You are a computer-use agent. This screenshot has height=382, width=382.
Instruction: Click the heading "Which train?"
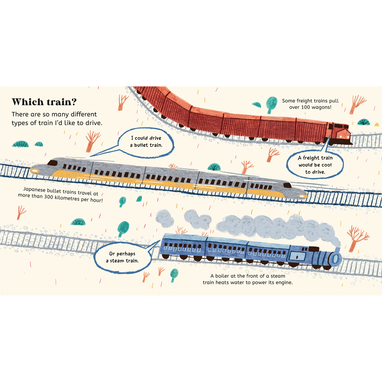pyautogui.click(x=44, y=102)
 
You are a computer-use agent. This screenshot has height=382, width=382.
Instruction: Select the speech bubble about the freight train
pyautogui.click(x=315, y=165)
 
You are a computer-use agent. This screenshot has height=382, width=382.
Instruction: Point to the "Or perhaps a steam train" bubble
pyautogui.click(x=123, y=257)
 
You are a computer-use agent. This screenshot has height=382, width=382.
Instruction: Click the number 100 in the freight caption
pyautogui.click(x=306, y=107)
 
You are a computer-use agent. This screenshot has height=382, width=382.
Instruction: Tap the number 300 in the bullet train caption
pyautogui.click(x=49, y=197)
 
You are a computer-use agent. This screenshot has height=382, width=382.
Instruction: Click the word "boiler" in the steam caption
pyautogui.click(x=223, y=276)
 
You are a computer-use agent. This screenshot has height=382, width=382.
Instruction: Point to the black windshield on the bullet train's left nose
pyautogui.click(x=52, y=163)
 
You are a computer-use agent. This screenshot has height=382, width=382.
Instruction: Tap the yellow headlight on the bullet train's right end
pyautogui.click(x=303, y=196)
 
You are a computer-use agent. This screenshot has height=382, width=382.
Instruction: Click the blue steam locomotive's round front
pyautogui.click(x=335, y=259)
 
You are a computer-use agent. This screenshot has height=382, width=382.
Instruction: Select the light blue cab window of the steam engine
pyautogui.click(x=297, y=256)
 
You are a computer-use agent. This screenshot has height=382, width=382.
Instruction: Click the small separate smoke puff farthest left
pyautogui.click(x=165, y=218)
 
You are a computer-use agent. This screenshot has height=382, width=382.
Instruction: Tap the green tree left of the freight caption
pyautogui.click(x=271, y=104)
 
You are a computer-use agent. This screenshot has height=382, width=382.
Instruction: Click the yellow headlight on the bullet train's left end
pyautogui.click(x=34, y=171)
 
